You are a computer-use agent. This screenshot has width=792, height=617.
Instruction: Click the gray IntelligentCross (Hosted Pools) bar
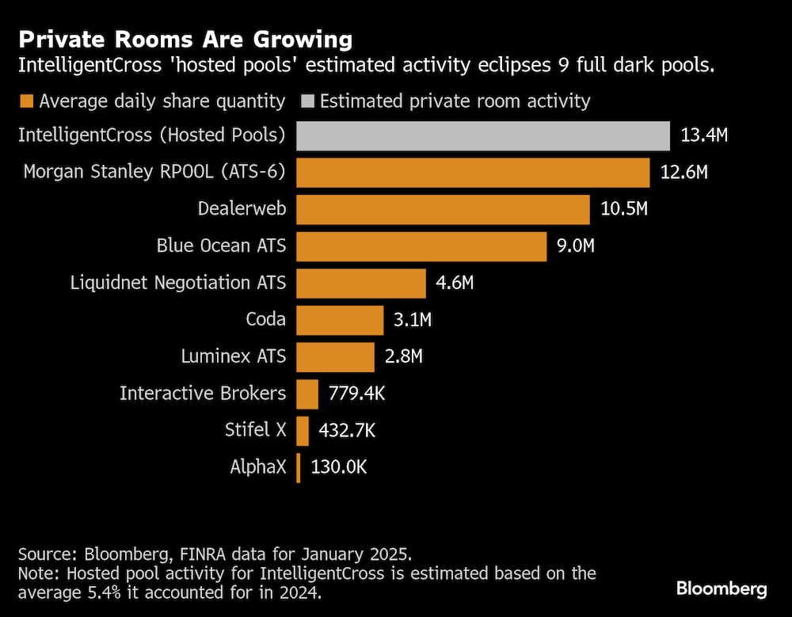(x=483, y=135)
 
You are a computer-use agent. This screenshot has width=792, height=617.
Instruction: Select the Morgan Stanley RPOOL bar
(x=473, y=172)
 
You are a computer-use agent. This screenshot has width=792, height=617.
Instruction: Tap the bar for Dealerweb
(x=443, y=209)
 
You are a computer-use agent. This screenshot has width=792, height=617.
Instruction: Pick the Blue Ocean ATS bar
(x=421, y=246)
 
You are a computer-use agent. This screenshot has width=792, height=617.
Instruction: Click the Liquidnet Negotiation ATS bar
(x=361, y=283)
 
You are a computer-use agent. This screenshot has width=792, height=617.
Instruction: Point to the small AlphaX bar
(x=299, y=467)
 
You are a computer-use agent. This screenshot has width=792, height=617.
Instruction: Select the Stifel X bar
(x=303, y=431)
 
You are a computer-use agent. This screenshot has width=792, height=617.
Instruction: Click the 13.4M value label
(x=704, y=135)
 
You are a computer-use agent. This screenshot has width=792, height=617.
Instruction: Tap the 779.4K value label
(x=356, y=394)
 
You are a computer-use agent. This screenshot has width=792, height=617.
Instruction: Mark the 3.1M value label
(x=413, y=320)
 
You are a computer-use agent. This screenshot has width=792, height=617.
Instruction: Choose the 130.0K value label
(x=339, y=467)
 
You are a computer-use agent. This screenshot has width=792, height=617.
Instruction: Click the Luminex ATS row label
(x=233, y=356)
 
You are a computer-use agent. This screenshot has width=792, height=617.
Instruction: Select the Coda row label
(x=265, y=320)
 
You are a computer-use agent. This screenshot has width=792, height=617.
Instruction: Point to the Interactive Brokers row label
(x=203, y=394)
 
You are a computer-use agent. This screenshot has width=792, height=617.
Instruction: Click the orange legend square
(x=26, y=101)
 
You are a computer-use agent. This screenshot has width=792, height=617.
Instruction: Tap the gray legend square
(x=307, y=101)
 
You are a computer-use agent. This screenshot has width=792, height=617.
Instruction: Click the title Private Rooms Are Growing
(x=185, y=39)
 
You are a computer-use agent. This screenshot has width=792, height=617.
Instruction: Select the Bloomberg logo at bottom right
(x=722, y=588)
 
